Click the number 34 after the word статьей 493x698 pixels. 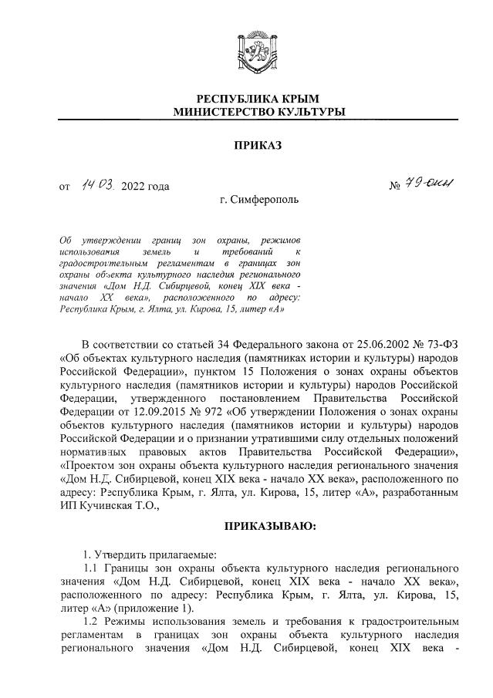tap(221, 342)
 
